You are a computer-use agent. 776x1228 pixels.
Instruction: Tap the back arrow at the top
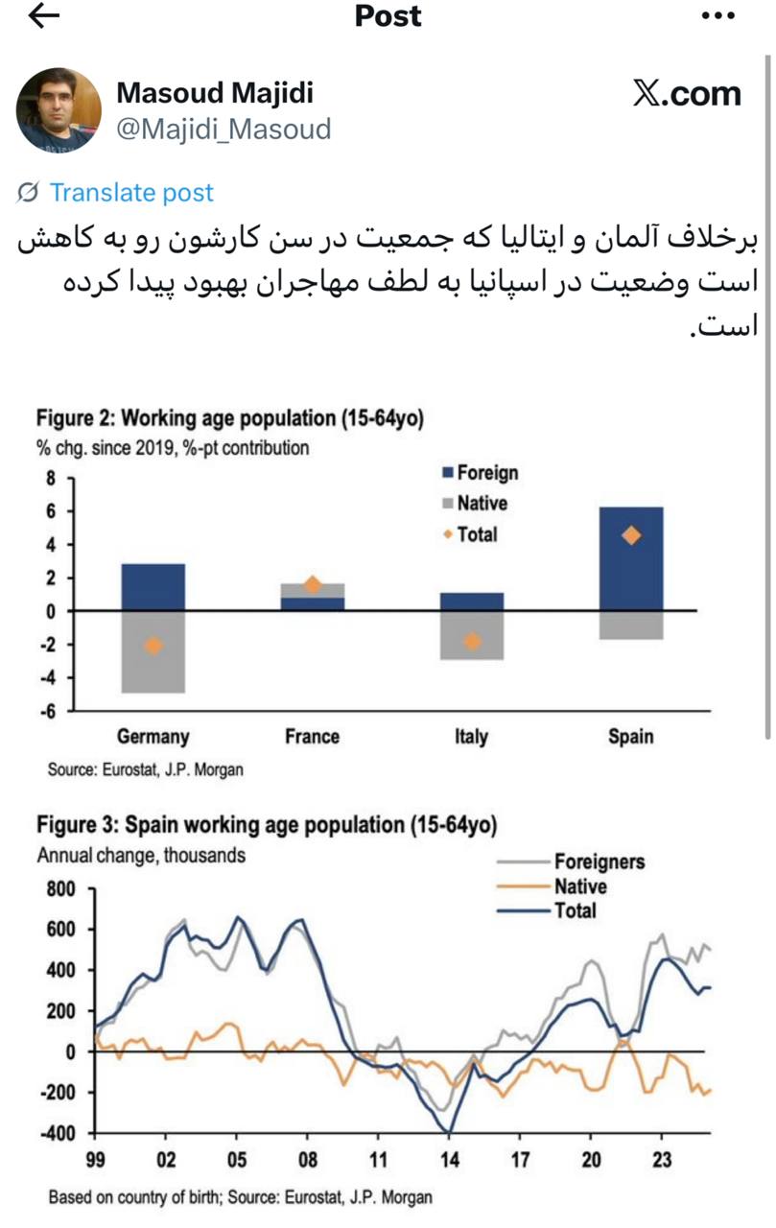pos(44,16)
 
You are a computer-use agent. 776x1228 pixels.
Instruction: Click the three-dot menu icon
pos(717,16)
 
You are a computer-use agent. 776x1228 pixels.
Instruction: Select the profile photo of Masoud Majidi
pos(59,109)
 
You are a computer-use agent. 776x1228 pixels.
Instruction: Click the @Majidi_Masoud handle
pos(223,129)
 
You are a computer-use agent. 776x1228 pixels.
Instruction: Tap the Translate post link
pos(131,193)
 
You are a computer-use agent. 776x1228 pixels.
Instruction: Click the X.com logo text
pos(687,94)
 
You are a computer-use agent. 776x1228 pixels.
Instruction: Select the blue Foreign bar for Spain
pos(630,558)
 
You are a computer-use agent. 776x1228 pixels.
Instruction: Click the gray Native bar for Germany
pos(153,652)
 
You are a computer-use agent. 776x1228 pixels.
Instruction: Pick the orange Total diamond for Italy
pos(472,641)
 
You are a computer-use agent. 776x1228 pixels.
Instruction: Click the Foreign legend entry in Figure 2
pos(486,472)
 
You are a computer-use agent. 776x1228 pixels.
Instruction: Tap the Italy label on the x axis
pos(471,737)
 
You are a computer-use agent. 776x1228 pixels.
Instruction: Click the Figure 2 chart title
pos(229,418)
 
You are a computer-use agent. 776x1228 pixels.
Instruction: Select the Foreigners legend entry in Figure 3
pos(599,862)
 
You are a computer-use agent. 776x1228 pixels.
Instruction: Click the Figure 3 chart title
pos(267,825)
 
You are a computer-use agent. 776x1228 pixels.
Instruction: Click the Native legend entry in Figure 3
pos(579,886)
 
